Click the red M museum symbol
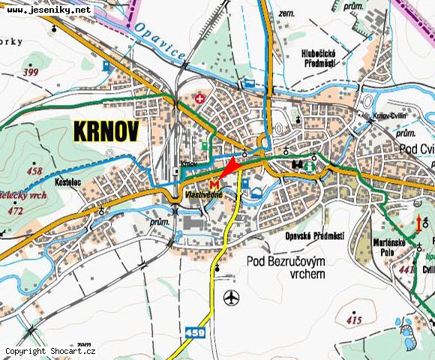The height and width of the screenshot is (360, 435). pyautogui.click(x=216, y=183)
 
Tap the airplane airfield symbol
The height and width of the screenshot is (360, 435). pyautogui.click(x=231, y=297)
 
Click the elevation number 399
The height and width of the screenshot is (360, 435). pyautogui.click(x=31, y=73)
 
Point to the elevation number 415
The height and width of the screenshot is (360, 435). pyautogui.click(x=354, y=320)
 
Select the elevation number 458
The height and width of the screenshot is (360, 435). pyautogui.click(x=34, y=171)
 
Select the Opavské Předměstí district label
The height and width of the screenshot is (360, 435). pyautogui.click(x=314, y=235)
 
